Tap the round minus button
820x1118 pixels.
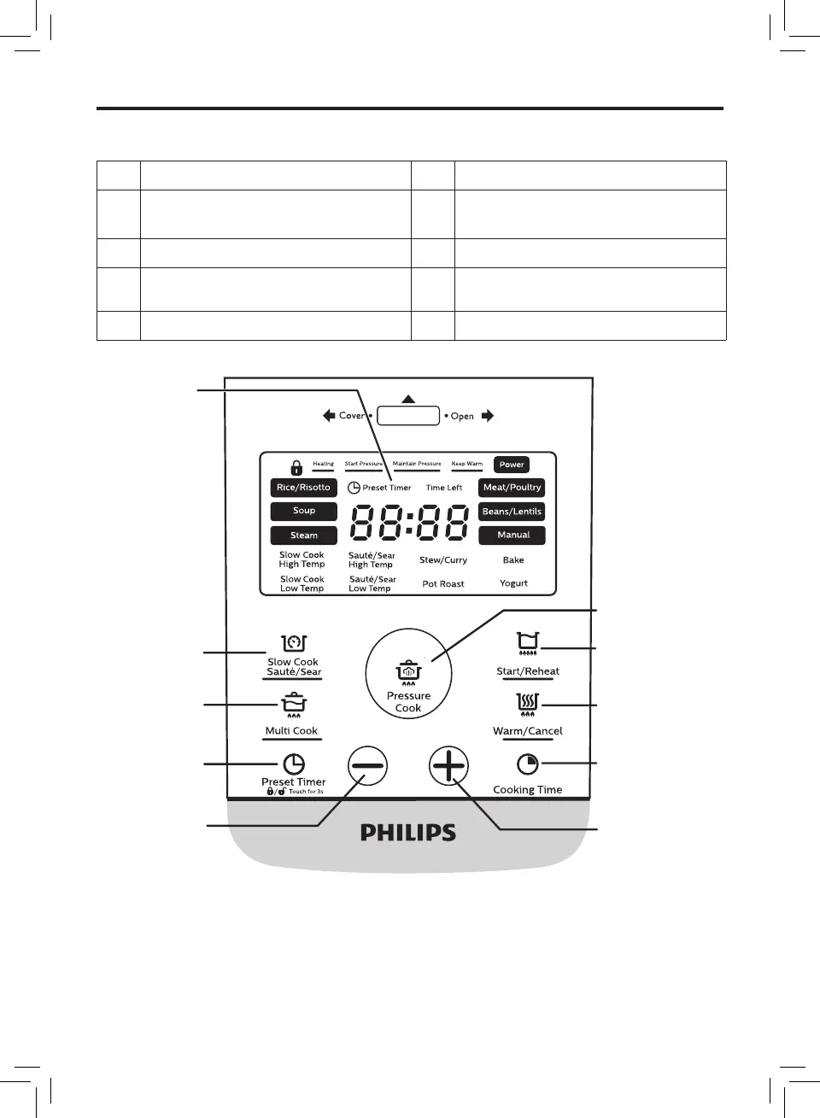pos(368,766)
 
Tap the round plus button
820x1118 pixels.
pos(448,766)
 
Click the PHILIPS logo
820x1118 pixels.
pos(408,833)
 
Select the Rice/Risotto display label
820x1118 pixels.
pos(303,488)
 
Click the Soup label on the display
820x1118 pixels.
pos(303,511)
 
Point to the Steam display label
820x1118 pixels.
pos(303,536)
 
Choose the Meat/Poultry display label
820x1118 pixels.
pos(512,488)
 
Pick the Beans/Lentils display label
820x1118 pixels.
pos(512,512)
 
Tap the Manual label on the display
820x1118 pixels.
pos(512,535)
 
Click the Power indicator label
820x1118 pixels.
pos(512,465)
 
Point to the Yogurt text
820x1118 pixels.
pos(513,583)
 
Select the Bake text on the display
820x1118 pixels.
pos(513,560)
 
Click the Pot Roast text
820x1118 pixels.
pos(443,584)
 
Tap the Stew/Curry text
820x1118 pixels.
pos(443,560)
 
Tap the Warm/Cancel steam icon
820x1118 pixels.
pos(528,704)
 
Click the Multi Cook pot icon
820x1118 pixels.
pos(293,704)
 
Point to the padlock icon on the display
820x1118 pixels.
pos(296,467)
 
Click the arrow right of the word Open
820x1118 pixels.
pos(488,416)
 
